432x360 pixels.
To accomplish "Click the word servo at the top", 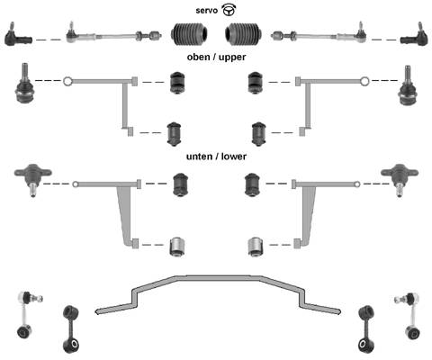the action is [206, 11].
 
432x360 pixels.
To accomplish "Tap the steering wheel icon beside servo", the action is [229, 10].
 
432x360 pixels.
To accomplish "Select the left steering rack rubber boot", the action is [189, 33].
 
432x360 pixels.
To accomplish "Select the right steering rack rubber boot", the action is [243, 33].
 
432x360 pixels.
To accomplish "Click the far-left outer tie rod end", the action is [18, 35].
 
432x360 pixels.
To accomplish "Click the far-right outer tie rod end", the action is [414, 35].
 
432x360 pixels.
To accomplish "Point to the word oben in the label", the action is [198, 57].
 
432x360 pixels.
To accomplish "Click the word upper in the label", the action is [232, 58].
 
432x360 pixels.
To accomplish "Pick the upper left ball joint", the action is [24, 84].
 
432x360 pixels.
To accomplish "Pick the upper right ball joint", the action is [408, 85].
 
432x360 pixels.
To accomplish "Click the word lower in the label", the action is [234, 157].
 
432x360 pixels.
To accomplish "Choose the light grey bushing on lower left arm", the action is [177, 247].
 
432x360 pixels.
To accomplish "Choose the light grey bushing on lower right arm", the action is [256, 247].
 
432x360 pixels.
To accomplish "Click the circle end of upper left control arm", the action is [67, 81].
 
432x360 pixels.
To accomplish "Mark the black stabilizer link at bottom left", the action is [71, 329].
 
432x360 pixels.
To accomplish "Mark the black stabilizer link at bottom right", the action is [366, 329].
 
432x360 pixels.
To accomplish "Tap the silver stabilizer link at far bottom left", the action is [27, 314].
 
